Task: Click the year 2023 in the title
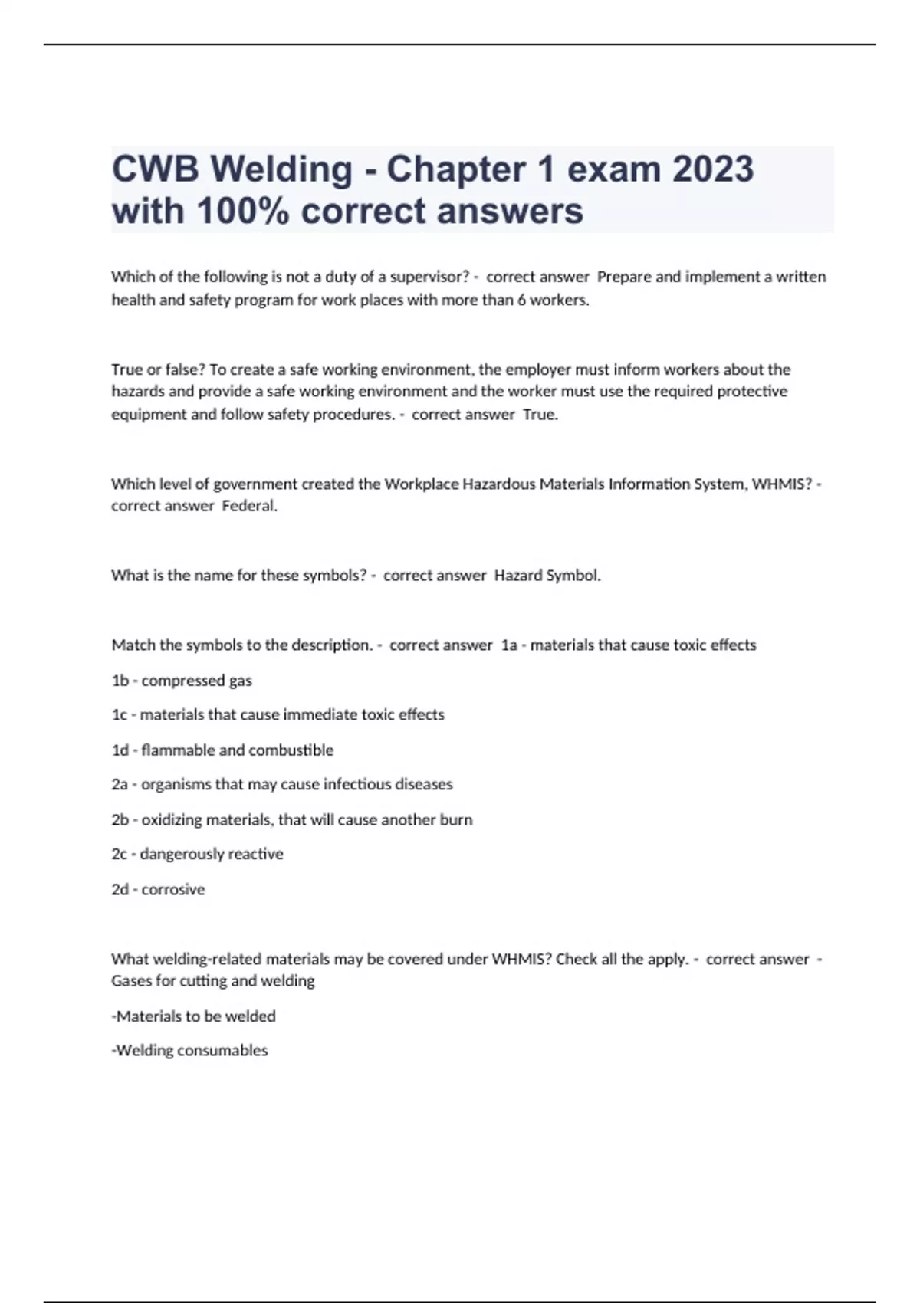click(x=713, y=169)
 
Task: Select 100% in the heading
click(x=243, y=211)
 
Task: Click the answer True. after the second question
click(x=540, y=415)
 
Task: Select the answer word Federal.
click(x=249, y=506)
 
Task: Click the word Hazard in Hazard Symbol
click(x=517, y=576)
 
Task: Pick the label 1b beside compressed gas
click(x=120, y=681)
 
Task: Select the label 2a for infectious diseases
click(x=120, y=785)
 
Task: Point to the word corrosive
click(x=173, y=890)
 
